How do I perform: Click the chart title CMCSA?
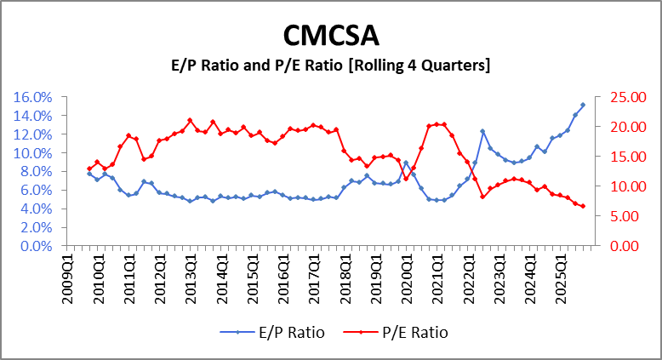(331, 35)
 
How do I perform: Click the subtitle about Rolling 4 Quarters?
(331, 66)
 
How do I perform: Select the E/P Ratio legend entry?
(284, 333)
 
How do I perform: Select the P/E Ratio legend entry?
(408, 333)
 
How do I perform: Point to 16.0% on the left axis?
(33, 97)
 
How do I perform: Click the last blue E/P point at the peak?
(583, 105)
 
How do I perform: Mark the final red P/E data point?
(583, 206)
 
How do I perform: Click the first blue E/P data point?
(89, 174)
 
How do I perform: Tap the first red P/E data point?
(89, 169)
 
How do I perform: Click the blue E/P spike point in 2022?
(482, 131)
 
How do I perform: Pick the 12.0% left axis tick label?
(33, 134)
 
